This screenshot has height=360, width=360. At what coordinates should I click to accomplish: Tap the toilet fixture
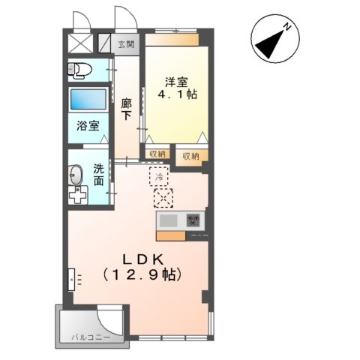point(79,71)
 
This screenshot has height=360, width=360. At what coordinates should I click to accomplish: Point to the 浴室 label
point(88,126)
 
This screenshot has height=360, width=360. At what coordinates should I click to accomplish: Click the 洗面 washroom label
point(100,175)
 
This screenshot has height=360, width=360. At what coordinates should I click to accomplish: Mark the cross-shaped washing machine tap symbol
point(77,196)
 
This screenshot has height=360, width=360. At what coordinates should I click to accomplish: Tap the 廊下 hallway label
point(126,109)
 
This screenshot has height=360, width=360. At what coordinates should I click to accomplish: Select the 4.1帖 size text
point(177,94)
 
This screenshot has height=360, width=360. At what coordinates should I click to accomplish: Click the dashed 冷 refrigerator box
point(160,176)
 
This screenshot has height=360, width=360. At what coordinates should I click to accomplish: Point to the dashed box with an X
point(163,198)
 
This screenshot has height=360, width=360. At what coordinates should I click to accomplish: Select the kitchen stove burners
point(193,220)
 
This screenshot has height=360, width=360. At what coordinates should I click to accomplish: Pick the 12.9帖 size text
point(140,274)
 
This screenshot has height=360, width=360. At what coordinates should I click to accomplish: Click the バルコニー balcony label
point(91,337)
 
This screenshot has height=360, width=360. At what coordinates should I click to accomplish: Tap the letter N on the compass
point(286,28)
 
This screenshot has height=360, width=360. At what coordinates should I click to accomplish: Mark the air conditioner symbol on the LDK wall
point(72,279)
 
